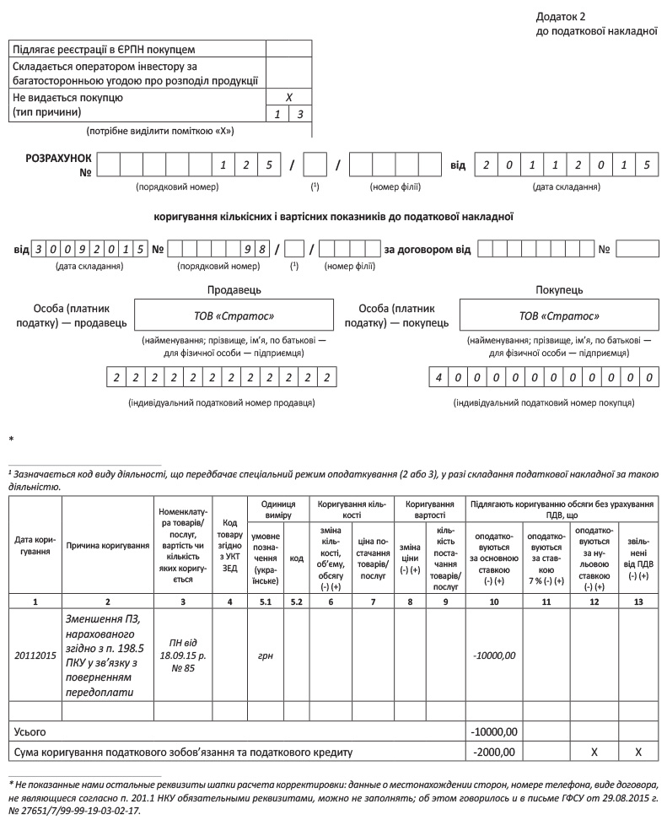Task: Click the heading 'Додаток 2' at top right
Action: coord(561,17)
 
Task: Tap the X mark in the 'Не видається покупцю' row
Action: coord(288,98)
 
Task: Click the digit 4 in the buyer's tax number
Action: coord(439,378)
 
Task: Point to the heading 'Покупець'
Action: coord(559,289)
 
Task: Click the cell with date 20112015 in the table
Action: coord(35,654)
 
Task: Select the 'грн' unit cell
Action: coord(266,654)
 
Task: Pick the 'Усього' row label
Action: coord(30,731)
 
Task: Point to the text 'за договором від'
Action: coord(428,250)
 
